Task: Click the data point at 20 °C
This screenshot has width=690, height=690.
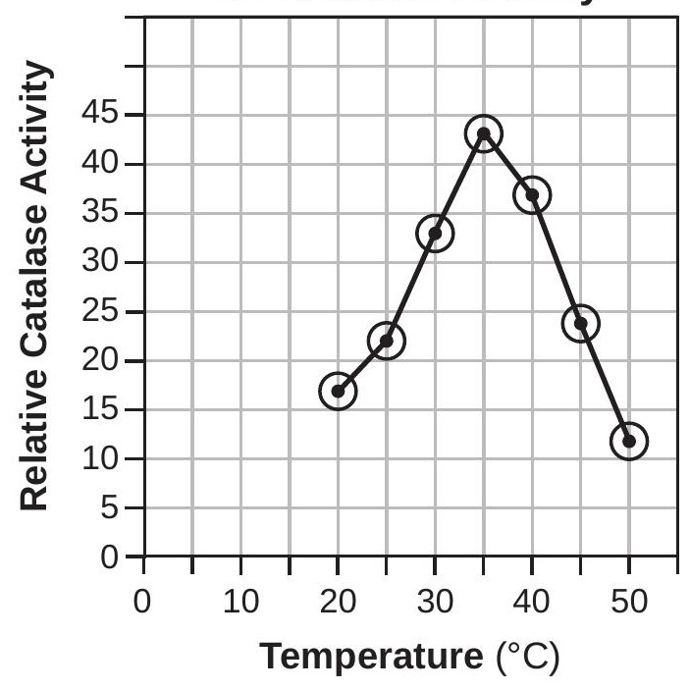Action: click(338, 391)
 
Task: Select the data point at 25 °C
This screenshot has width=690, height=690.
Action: click(386, 341)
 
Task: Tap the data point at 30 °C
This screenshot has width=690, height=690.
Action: click(435, 233)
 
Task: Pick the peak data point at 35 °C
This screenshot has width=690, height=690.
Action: click(484, 133)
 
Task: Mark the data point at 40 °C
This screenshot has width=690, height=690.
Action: click(532, 194)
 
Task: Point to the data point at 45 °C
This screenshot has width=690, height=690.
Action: click(580, 322)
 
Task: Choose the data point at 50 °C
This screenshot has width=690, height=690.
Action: click(629, 441)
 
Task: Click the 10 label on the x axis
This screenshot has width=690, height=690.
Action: click(241, 600)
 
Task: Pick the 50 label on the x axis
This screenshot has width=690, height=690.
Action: click(629, 600)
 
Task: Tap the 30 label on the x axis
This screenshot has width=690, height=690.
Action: click(435, 600)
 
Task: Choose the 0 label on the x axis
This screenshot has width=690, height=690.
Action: click(144, 600)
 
